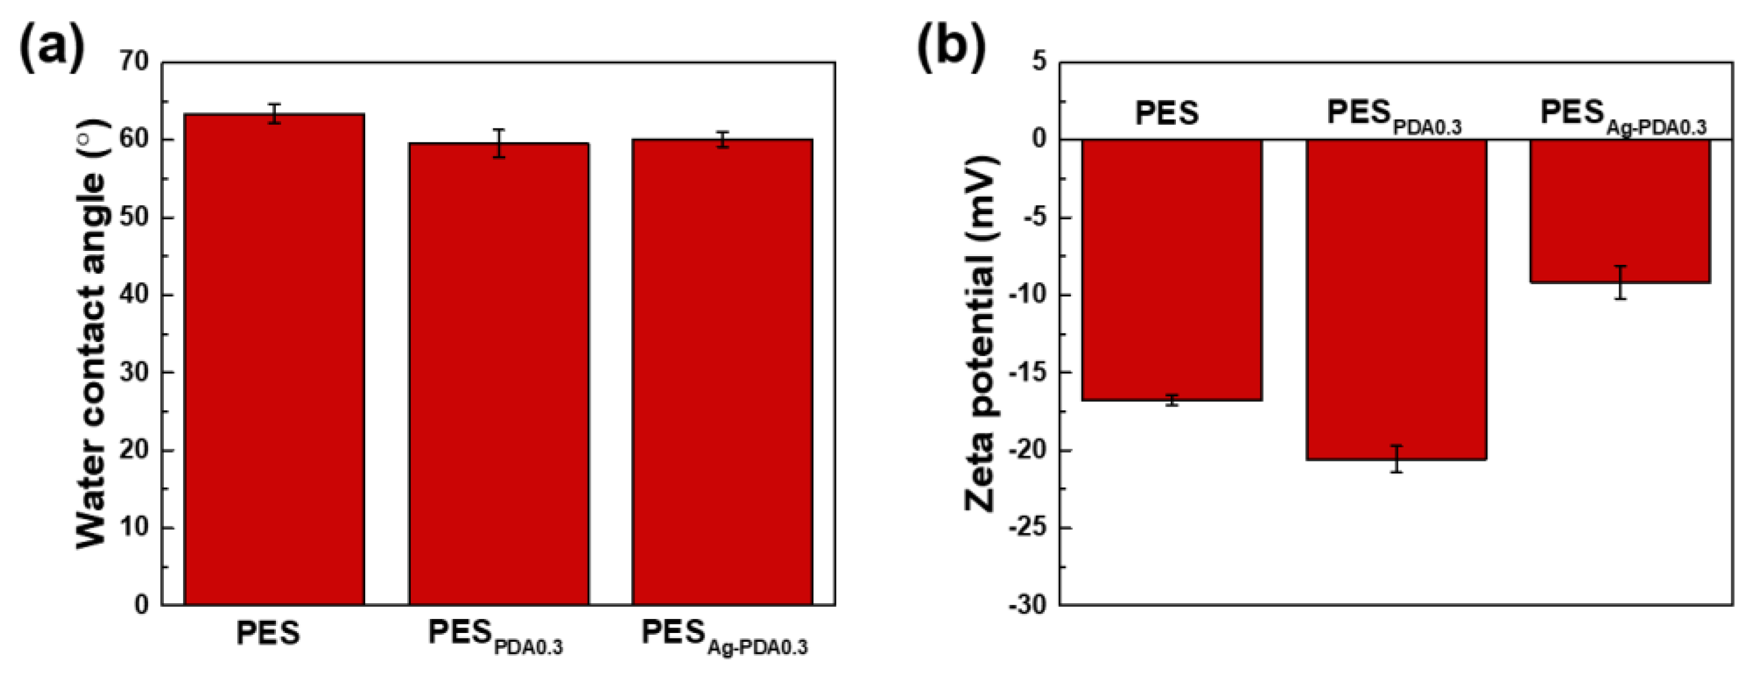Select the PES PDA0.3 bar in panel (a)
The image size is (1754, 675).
(x=498, y=374)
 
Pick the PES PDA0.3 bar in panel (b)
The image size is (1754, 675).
(x=1396, y=300)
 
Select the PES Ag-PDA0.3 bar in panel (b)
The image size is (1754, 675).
(x=1620, y=211)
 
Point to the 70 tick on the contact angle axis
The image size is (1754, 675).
(x=134, y=61)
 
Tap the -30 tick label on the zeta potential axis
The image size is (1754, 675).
(x=1028, y=605)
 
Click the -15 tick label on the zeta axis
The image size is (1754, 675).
(x=1028, y=373)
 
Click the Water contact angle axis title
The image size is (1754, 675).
(x=93, y=334)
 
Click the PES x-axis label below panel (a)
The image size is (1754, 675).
(x=268, y=634)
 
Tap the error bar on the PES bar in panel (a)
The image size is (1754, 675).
(x=274, y=114)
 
